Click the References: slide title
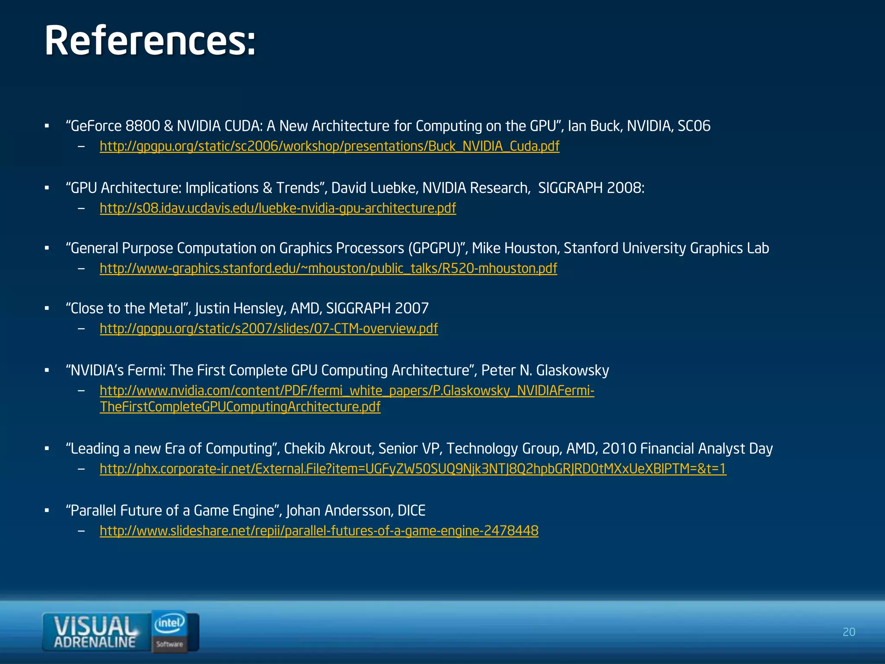(150, 41)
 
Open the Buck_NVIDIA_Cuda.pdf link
(329, 146)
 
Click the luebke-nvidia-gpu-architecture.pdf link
(277, 208)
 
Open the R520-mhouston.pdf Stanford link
(328, 268)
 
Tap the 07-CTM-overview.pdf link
(268, 329)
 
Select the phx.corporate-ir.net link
(413, 469)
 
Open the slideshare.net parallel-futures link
(319, 530)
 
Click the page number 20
(849, 632)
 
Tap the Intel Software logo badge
(170, 631)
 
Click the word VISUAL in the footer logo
(94, 626)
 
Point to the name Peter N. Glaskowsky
(545, 370)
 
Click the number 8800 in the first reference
(143, 126)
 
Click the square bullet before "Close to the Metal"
(47, 309)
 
